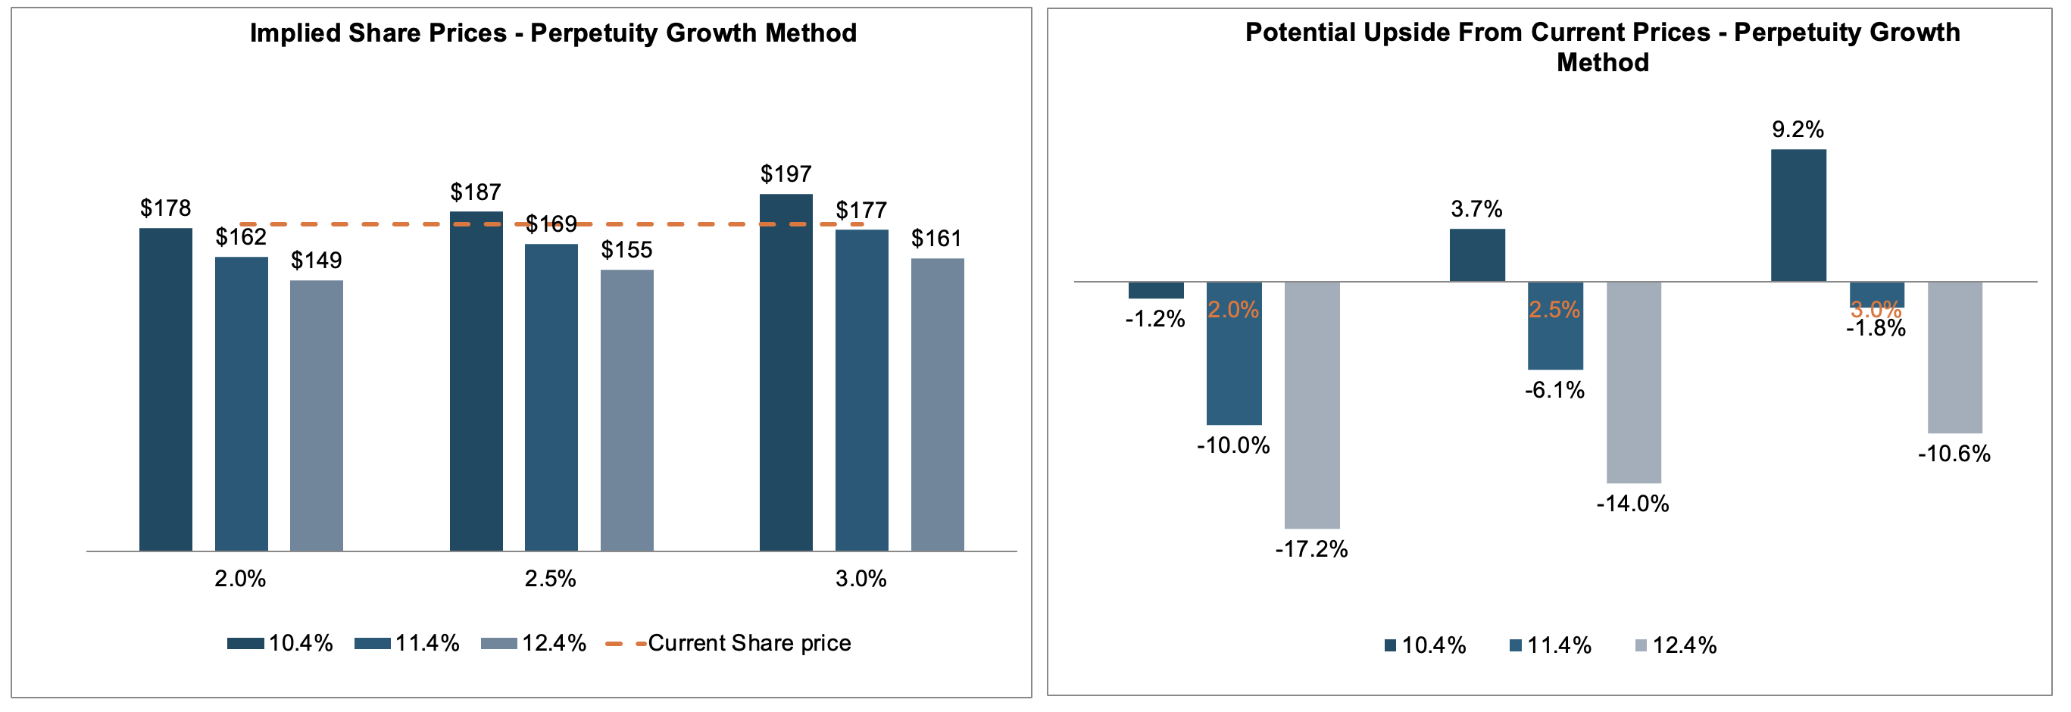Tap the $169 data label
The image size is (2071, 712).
pyautogui.click(x=551, y=223)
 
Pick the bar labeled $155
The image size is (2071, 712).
pyautogui.click(x=626, y=410)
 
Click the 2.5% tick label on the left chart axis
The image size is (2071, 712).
pyautogui.click(x=550, y=579)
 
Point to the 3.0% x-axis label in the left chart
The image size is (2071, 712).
pyautogui.click(x=861, y=579)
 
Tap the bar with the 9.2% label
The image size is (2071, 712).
pyautogui.click(x=1798, y=214)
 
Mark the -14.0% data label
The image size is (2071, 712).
pyautogui.click(x=1632, y=504)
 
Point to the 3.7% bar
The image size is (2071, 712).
pyautogui.click(x=1476, y=255)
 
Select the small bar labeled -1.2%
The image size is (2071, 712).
pyautogui.click(x=1155, y=290)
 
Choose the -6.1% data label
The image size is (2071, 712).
pyautogui.click(x=1554, y=391)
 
